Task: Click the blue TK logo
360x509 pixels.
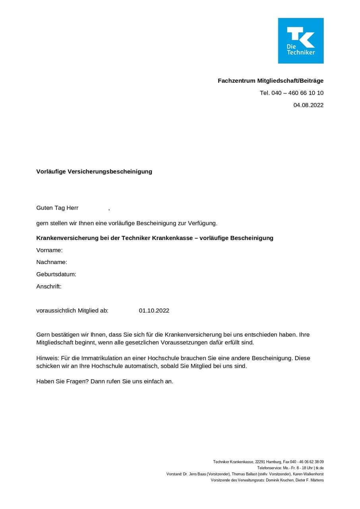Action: [301, 41]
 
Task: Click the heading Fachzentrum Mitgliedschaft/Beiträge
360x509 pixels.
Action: [271, 81]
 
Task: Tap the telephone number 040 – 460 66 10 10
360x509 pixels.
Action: [298, 93]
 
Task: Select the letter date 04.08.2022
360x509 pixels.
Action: [308, 105]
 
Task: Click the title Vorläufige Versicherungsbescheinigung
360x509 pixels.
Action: [94, 172]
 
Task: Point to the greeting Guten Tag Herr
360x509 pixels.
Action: [57, 208]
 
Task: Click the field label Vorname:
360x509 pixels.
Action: [49, 250]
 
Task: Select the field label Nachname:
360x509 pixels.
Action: [52, 262]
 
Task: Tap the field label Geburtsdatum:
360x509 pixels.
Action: [56, 274]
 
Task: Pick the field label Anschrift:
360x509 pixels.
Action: [49, 286]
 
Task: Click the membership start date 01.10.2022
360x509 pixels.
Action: [154, 311]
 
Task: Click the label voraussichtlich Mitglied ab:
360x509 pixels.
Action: [72, 311]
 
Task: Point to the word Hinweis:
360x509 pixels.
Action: [48, 358]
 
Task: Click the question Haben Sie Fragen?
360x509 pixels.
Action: [62, 381]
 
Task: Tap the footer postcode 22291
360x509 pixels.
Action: [260, 462]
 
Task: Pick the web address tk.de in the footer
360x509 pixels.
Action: [319, 468]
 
